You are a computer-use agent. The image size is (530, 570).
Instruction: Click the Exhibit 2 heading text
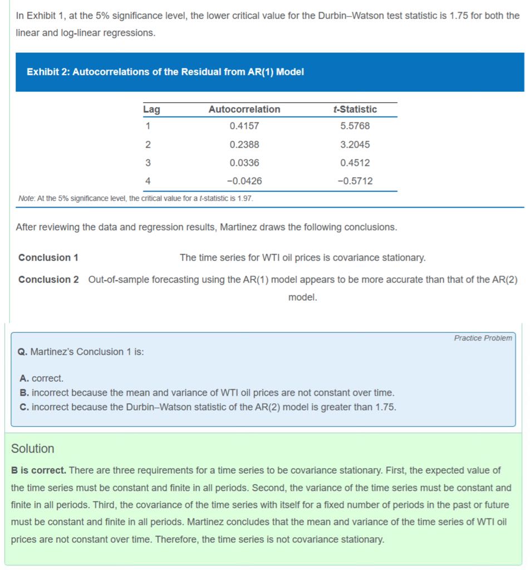pyautogui.click(x=165, y=72)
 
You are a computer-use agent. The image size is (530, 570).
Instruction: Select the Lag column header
pyautogui.click(x=151, y=110)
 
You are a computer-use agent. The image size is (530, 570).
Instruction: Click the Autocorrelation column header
pyautogui.click(x=244, y=110)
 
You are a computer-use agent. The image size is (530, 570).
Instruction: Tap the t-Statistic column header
pyautogui.click(x=355, y=110)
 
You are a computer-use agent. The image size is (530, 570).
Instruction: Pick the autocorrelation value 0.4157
pyautogui.click(x=244, y=126)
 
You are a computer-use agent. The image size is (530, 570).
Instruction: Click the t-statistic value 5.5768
pyautogui.click(x=355, y=126)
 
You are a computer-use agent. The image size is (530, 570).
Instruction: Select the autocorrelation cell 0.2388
pyautogui.click(x=244, y=145)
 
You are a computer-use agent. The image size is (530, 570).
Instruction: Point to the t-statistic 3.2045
pyautogui.click(x=355, y=145)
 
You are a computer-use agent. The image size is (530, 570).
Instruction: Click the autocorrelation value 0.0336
pyautogui.click(x=244, y=163)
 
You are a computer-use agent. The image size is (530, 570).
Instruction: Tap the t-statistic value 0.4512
pyautogui.click(x=355, y=163)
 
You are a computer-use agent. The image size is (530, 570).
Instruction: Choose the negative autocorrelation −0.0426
pyautogui.click(x=244, y=181)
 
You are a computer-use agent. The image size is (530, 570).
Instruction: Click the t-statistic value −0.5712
pyautogui.click(x=355, y=181)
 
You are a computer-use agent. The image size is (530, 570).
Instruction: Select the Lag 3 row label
pyautogui.click(x=148, y=163)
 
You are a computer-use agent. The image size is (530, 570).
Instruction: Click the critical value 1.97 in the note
pyautogui.click(x=246, y=199)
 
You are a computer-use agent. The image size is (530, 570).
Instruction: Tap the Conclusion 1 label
pyautogui.click(x=48, y=258)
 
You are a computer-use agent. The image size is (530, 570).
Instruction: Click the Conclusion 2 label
pyautogui.click(x=48, y=279)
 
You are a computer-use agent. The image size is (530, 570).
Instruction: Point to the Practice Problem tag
pyautogui.click(x=483, y=338)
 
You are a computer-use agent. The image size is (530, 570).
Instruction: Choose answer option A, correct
pyautogui.click(x=42, y=379)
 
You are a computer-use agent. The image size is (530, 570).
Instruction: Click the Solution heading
pyautogui.click(x=33, y=449)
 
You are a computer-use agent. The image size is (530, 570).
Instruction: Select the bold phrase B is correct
pyautogui.click(x=39, y=470)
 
